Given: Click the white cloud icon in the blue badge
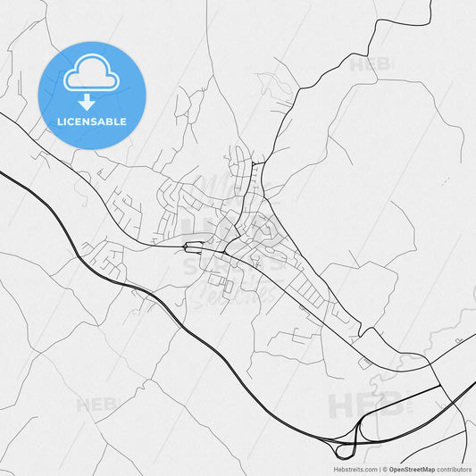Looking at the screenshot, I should coord(92,74).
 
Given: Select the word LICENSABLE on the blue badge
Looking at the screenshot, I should coord(92,121).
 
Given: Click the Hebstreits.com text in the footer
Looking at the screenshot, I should coord(355,468).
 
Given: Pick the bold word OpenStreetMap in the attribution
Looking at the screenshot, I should coord(412,468).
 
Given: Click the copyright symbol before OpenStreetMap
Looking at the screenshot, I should coord(384,468).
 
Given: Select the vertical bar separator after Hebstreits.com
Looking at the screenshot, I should coord(379,468).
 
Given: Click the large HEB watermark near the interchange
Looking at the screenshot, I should coord(366,406).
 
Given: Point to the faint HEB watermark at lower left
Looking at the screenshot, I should coord(97,405).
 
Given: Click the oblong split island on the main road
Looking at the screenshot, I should coord(194,245).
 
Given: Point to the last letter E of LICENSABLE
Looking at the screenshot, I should coord(123,121).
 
